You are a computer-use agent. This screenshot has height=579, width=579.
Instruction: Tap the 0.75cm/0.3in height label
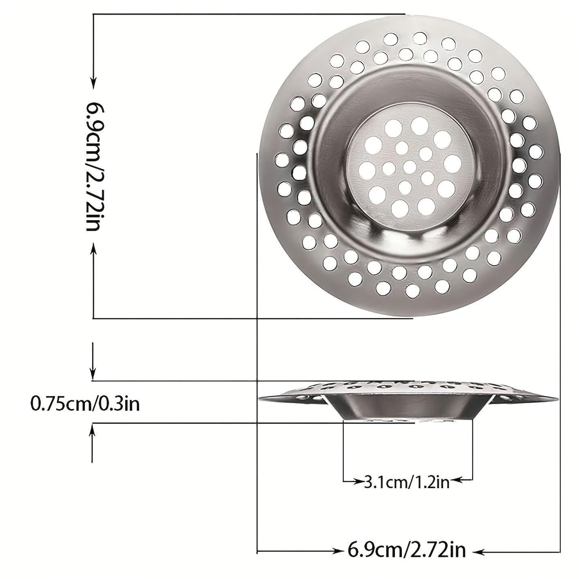pyautogui.click(x=85, y=404)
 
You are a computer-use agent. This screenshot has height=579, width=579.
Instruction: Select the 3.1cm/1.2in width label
pyautogui.click(x=407, y=482)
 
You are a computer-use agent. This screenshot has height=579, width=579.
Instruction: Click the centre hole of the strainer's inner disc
pyautogui.click(x=410, y=165)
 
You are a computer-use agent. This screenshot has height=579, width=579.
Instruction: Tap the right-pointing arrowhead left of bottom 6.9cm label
pyautogui.click(x=337, y=551)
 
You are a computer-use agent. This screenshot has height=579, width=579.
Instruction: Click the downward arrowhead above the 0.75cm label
pyautogui.click(x=93, y=373)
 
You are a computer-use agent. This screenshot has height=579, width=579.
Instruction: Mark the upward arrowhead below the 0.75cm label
pyautogui.click(x=93, y=430)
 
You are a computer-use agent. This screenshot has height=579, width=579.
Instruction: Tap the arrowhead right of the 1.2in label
pyautogui.click(x=456, y=480)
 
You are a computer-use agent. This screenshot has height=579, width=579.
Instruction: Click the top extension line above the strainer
pyautogui.click(x=249, y=14)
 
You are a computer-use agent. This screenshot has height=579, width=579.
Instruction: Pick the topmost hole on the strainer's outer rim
pyautogui.click(x=419, y=37)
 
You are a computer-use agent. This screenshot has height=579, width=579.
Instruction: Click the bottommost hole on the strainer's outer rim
pyautogui.click(x=412, y=289)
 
